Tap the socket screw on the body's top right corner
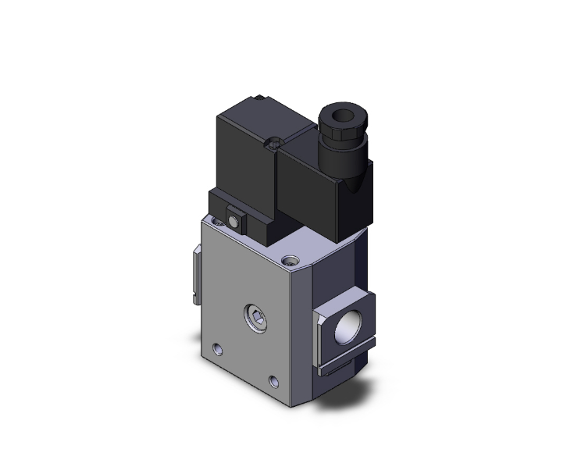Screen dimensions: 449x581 pyautogui.click(x=292, y=258)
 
